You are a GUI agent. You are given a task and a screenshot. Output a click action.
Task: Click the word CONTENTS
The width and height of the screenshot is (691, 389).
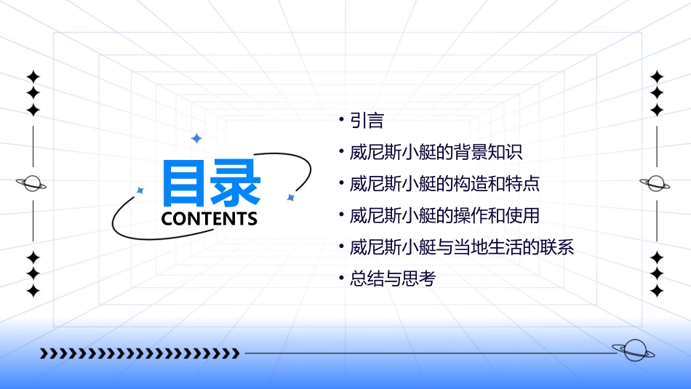209,219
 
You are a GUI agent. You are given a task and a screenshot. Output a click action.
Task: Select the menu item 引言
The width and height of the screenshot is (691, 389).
367,120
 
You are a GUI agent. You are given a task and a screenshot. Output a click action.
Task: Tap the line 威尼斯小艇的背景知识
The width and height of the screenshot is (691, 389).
436,152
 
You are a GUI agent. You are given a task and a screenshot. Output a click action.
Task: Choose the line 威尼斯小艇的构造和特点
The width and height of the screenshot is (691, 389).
444,183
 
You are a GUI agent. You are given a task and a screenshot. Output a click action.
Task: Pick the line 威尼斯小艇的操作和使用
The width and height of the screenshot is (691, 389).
444,215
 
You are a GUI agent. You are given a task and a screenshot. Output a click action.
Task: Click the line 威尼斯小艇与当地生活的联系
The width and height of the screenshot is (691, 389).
462,247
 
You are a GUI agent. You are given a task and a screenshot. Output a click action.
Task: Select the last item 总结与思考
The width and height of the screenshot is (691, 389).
392,278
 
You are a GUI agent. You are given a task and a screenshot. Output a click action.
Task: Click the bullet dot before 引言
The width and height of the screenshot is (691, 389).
341,119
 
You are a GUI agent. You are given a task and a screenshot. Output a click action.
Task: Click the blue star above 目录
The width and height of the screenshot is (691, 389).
196,138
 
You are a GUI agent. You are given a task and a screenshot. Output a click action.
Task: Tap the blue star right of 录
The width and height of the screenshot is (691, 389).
290,197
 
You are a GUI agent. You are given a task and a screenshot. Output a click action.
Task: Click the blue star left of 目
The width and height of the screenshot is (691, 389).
140,191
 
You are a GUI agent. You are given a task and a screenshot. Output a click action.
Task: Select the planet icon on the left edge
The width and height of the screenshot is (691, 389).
33,183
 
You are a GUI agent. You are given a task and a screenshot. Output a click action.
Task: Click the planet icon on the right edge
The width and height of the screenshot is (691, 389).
656,183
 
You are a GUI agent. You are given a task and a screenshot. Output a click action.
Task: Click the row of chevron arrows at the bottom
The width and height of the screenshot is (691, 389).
140,354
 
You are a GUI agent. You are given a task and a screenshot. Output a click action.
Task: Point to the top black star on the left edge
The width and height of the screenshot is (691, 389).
33,76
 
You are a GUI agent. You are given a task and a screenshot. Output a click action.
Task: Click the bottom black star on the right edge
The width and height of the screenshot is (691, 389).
657,291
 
